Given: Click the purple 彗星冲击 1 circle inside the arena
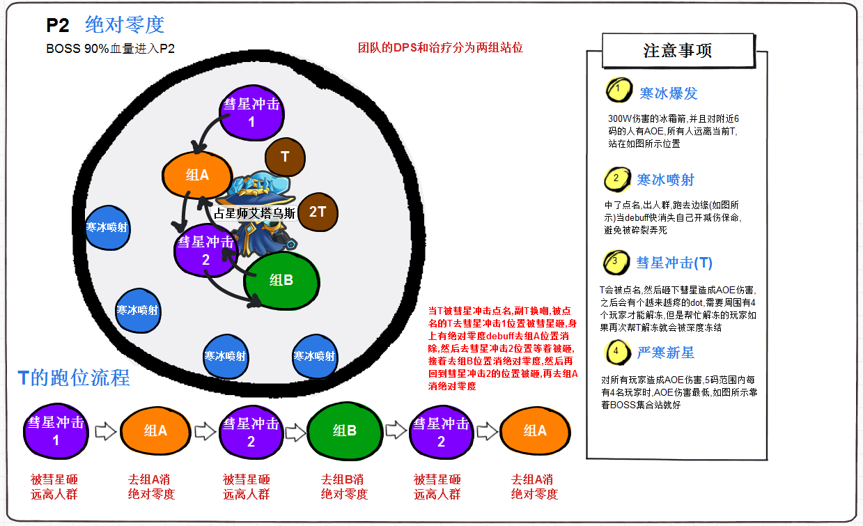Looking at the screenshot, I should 251,113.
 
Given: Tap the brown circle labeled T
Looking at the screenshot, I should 285,157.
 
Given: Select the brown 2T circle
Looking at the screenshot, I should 317,211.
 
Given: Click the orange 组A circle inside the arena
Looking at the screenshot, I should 197,175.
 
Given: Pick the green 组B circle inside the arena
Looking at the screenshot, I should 281,280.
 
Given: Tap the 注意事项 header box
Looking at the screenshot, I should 677,51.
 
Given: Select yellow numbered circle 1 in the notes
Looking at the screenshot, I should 618,91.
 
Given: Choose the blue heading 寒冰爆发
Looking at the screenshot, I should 668,93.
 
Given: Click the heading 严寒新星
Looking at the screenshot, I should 665,353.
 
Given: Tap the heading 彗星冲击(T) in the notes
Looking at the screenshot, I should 674,263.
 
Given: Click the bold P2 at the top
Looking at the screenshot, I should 58,26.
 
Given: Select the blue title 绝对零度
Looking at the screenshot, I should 125,25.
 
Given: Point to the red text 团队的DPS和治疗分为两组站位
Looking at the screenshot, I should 440,48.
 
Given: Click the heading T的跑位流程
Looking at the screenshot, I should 74,378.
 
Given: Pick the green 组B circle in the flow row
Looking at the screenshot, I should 344,431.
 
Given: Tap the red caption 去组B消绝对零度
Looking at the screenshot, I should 344,487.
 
